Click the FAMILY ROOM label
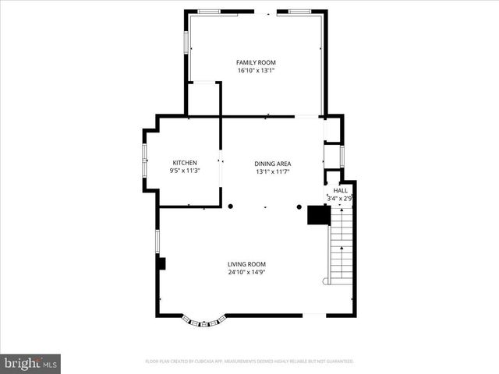click(x=256, y=62)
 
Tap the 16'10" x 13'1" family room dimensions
click(x=256, y=70)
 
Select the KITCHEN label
click(x=185, y=162)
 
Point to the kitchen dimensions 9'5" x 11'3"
click(x=185, y=171)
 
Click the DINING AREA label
click(x=272, y=163)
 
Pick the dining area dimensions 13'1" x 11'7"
click(x=272, y=171)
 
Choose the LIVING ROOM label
click(x=247, y=264)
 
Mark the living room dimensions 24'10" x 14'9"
click(x=247, y=273)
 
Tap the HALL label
click(x=341, y=190)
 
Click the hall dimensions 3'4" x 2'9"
click(x=341, y=199)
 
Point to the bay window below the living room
click(x=205, y=319)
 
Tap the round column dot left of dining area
click(x=231, y=206)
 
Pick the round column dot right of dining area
click(x=299, y=206)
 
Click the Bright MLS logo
click(x=30, y=363)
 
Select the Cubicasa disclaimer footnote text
click(x=249, y=362)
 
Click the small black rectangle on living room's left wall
click(x=161, y=263)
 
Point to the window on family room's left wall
click(x=186, y=42)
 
